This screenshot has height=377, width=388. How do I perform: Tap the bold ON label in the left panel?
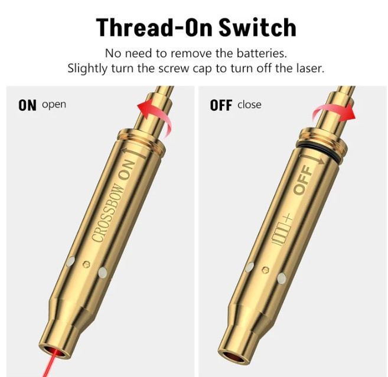click(28, 106)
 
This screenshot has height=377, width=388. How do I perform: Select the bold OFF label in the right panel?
click(221, 106)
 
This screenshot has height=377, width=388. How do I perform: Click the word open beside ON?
click(54, 105)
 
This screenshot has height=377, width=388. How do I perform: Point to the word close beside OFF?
click(249, 105)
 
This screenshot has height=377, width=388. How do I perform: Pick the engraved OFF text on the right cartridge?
click(301, 181)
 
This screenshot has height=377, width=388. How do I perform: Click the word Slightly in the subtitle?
click(87, 68)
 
